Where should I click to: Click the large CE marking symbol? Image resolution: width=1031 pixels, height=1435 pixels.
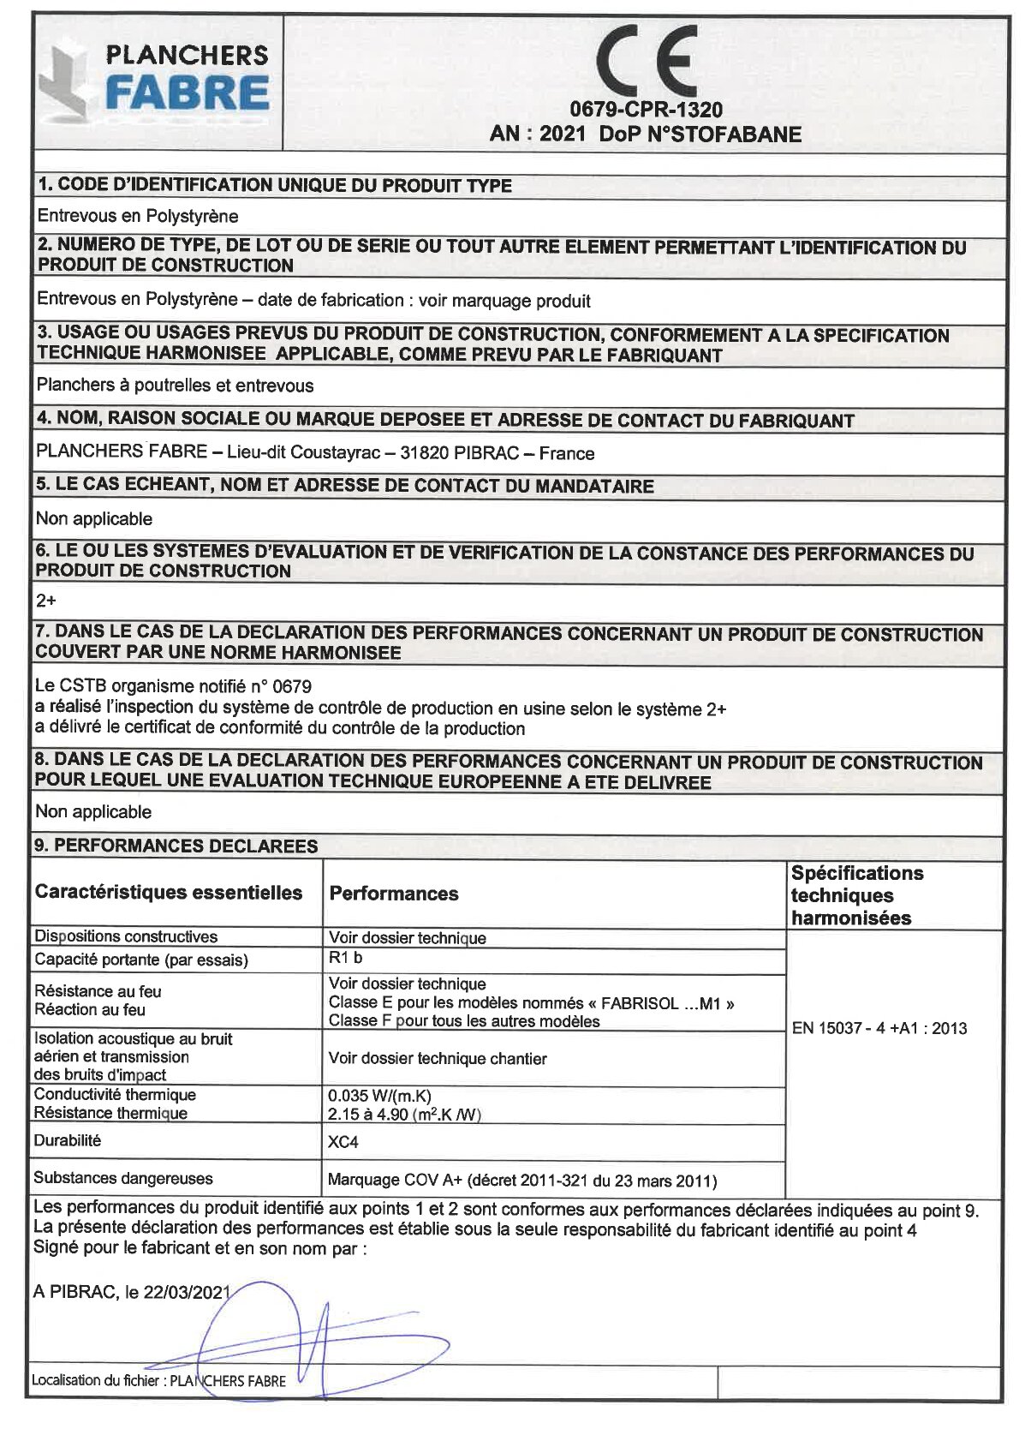point(647,62)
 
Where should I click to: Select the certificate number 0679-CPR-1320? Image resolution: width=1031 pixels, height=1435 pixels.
point(646,110)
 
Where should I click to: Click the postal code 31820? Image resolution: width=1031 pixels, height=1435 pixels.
point(424,453)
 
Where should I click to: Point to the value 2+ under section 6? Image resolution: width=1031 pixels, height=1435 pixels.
point(46,601)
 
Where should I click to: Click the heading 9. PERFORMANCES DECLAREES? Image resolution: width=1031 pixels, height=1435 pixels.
point(176,846)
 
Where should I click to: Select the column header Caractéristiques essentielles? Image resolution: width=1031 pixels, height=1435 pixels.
point(169,893)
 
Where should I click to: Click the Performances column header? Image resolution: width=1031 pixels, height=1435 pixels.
point(394,894)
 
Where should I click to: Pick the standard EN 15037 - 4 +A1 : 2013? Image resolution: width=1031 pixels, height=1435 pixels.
point(879,1028)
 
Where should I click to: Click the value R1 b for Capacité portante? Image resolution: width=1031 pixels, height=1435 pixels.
point(345,958)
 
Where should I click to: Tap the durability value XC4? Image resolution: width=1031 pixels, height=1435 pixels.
point(343,1142)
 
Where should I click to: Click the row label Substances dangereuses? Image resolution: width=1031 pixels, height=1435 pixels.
point(123,1178)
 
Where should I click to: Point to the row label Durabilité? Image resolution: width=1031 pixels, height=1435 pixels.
point(68,1140)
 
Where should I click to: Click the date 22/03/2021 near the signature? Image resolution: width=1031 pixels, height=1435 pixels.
point(187,1292)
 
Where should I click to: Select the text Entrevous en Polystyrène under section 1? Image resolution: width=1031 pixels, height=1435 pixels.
point(138,216)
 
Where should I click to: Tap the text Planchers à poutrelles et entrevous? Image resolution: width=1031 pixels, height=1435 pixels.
point(176,386)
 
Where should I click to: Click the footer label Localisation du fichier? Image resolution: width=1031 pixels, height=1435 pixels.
point(96,1380)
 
